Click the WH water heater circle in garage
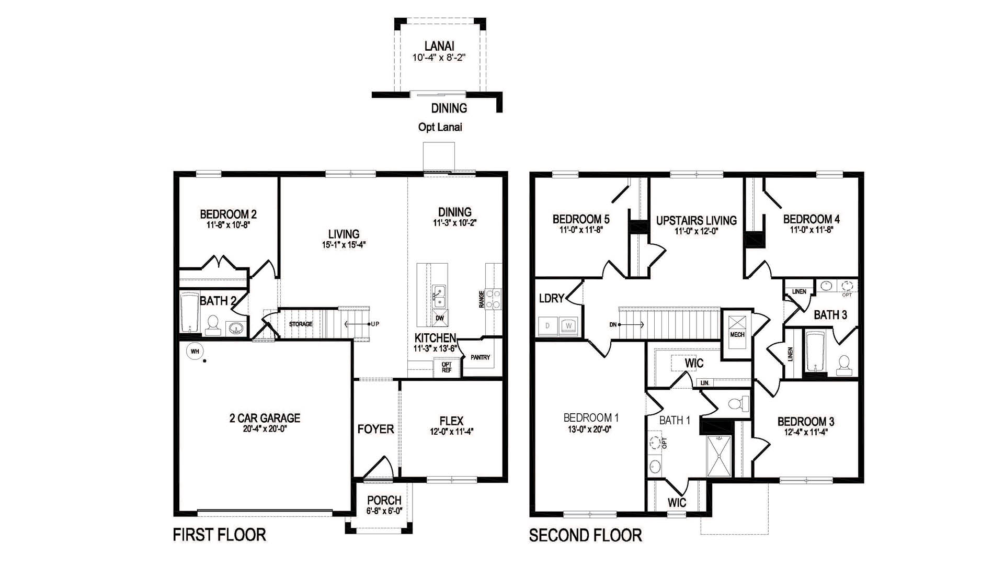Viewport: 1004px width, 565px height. point(195,352)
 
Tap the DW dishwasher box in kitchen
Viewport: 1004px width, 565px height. point(439,318)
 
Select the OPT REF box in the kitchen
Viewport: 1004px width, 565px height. point(447,367)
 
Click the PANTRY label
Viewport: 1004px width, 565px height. point(480,357)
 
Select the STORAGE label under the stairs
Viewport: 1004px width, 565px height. point(301,324)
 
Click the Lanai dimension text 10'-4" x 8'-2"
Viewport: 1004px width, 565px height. point(439,58)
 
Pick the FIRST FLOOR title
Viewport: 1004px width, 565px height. point(220,535)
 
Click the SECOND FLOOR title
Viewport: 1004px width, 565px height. point(585,535)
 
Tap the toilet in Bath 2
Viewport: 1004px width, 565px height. point(213,325)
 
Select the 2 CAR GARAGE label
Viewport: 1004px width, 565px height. point(265,418)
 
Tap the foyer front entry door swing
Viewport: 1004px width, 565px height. point(379,467)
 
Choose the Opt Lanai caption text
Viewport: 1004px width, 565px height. point(440,127)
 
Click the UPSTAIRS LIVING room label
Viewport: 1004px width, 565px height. point(696,220)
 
